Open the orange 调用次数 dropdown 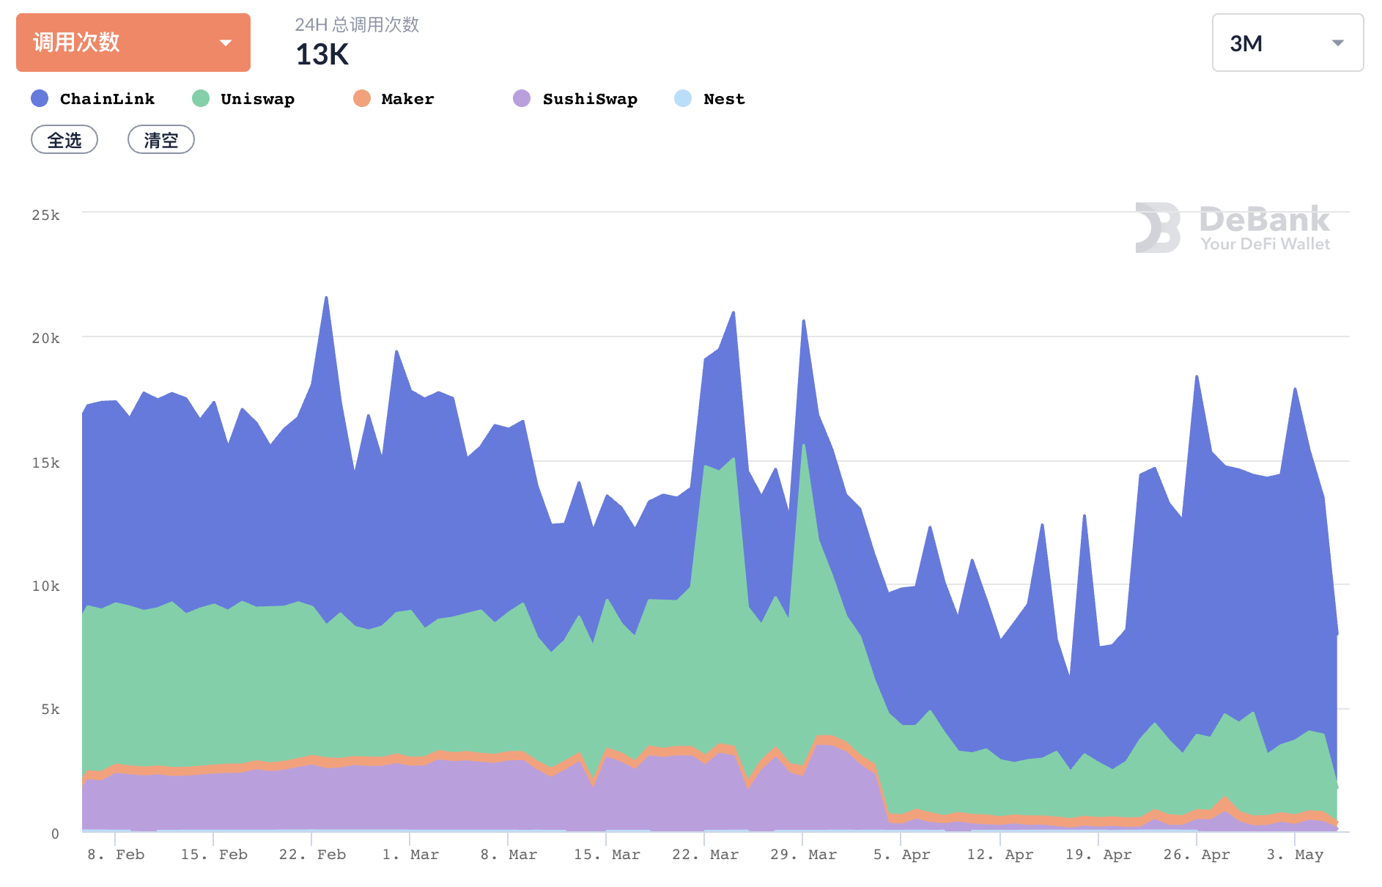(x=133, y=43)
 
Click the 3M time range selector (x=1287, y=43)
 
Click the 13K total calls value (x=322, y=55)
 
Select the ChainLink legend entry (x=93, y=99)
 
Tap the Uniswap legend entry (x=243, y=99)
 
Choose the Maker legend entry (x=394, y=99)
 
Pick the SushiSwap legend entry (x=575, y=99)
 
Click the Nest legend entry (x=709, y=99)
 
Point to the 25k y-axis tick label (x=45, y=215)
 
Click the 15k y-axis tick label (x=45, y=463)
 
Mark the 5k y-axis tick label (x=50, y=709)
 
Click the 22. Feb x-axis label (x=312, y=855)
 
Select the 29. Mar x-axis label (x=803, y=855)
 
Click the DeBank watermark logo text (x=1264, y=220)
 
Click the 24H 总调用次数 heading (x=357, y=25)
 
